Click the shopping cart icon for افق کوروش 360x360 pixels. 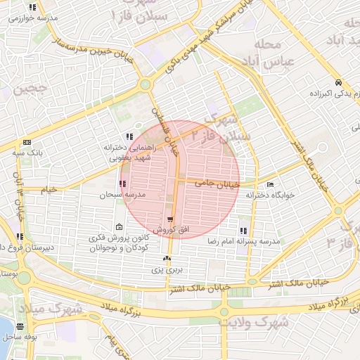point(170,219)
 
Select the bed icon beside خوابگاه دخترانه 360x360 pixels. point(270,184)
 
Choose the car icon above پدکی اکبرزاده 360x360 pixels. point(339,82)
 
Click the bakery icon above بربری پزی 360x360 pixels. point(167,259)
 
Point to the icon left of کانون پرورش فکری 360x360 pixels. point(119,226)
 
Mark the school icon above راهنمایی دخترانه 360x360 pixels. point(129,136)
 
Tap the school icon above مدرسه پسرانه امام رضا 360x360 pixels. point(243,230)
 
